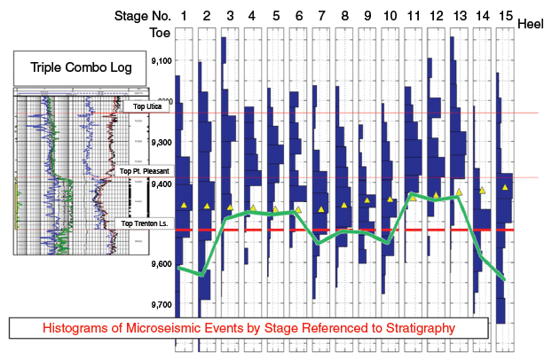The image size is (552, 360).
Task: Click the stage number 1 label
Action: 184,16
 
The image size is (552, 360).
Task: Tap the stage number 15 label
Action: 504,16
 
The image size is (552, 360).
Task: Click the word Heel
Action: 531,26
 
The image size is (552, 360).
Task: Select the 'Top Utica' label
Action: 148,106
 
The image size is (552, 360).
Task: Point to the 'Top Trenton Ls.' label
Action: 145,223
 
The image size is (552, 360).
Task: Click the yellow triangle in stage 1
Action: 184,205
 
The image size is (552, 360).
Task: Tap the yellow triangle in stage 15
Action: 505,187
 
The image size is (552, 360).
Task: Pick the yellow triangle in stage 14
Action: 482,190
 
